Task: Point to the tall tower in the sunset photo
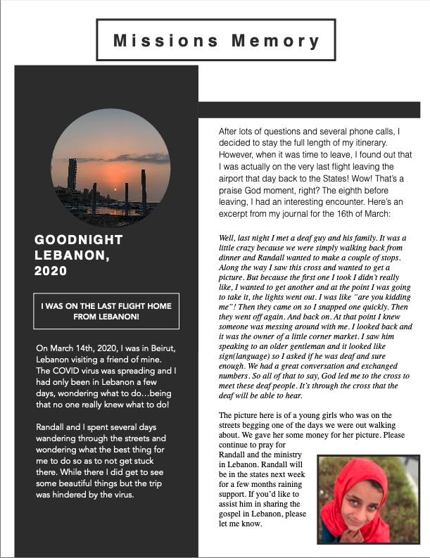pyautogui.click(x=72, y=174)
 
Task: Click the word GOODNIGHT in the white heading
pyautogui.click(x=78, y=240)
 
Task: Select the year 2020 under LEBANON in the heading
pyautogui.click(x=51, y=270)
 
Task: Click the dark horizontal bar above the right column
pyautogui.click(x=310, y=110)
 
